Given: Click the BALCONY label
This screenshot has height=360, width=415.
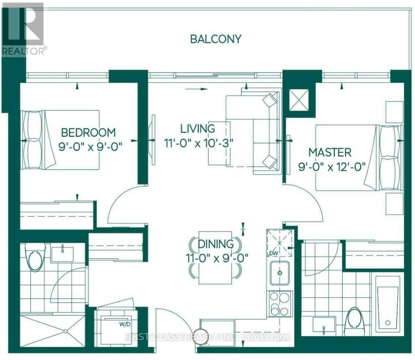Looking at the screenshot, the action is click(216, 39).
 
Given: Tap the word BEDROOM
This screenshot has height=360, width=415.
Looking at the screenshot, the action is click(88, 133).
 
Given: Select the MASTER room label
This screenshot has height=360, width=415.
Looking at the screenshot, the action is click(330, 153).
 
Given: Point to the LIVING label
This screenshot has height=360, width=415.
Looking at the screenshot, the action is click(197, 129).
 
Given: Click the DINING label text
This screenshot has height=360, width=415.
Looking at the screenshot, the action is click(216, 244).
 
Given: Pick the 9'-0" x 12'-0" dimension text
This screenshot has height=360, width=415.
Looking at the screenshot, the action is click(332, 167).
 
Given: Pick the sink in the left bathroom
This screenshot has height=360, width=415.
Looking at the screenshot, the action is click(63, 254).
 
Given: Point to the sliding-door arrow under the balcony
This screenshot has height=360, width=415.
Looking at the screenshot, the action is click(196, 89).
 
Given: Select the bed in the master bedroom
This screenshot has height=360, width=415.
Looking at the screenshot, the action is click(359, 158).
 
